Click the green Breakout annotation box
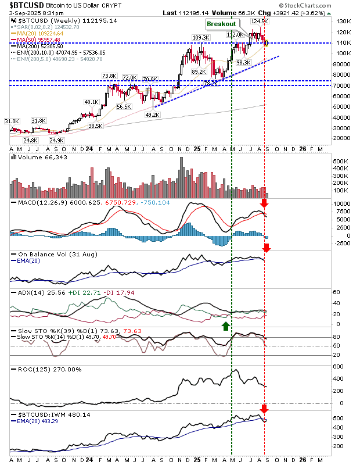coord(222,24)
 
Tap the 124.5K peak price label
coord(258,22)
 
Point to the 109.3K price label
coord(200,38)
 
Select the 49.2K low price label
coord(152,115)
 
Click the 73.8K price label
coord(109,76)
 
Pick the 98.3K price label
coord(243,63)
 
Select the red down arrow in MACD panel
coord(265,203)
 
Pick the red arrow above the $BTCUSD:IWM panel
coord(265,409)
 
